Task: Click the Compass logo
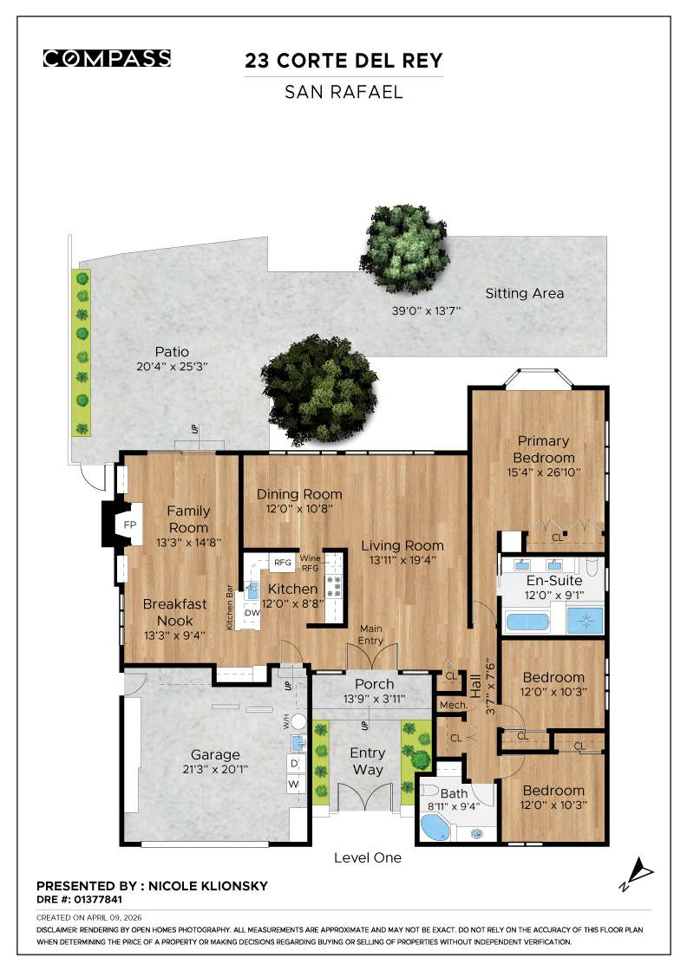point(107,59)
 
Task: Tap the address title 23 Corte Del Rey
point(343,61)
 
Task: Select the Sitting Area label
point(524,293)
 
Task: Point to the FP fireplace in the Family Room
point(129,526)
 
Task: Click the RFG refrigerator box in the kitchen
point(283,563)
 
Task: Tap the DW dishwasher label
point(251,613)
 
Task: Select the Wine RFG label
point(311,564)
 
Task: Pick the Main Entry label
point(371,635)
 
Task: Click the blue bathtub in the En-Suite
point(528,622)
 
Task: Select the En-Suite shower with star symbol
point(584,621)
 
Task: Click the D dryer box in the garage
point(294,763)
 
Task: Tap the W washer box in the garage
point(294,784)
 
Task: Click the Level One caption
point(368,858)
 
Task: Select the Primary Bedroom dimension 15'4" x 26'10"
point(543,472)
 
